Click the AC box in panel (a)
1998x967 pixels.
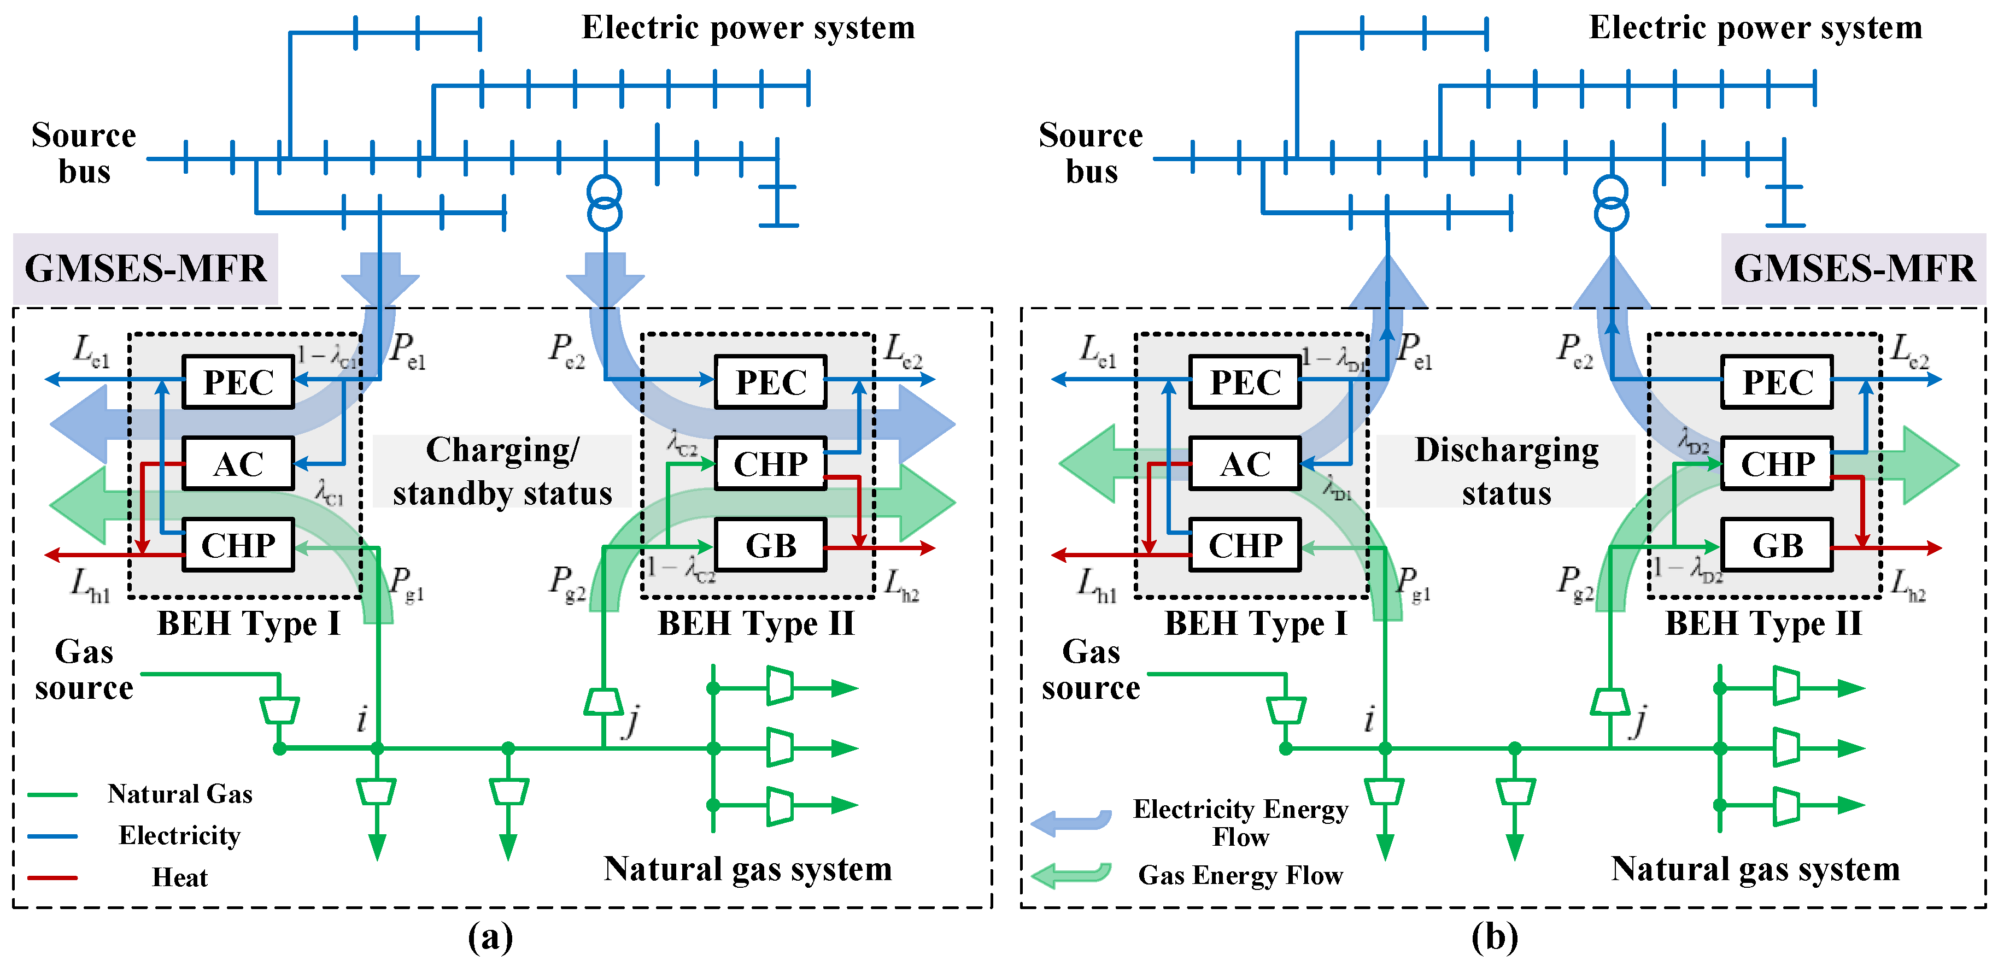tap(238, 464)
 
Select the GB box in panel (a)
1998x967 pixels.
tap(770, 545)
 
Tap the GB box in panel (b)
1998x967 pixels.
tap(1777, 545)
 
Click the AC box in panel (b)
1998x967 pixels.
tap(1245, 464)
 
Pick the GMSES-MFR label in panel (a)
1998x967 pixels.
tap(146, 268)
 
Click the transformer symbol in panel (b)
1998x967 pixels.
tap(1611, 203)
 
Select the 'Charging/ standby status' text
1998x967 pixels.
tap(502, 471)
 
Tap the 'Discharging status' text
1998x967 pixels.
tap(1506, 471)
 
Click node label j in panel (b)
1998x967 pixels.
tap(1639, 721)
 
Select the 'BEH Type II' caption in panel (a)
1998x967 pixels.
tap(756, 623)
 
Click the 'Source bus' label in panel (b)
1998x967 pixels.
tap(1091, 153)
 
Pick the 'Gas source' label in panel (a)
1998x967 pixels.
tap(84, 669)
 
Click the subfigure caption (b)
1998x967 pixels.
tap(1494, 937)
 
